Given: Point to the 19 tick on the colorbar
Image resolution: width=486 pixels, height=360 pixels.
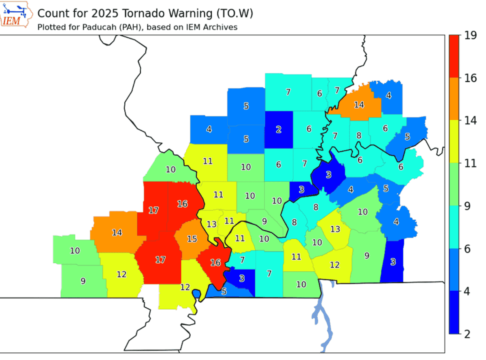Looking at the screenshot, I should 471,35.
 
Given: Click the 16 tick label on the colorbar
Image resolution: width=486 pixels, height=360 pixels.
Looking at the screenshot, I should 471,78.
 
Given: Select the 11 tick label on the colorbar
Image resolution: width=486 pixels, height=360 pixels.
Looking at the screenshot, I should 471,163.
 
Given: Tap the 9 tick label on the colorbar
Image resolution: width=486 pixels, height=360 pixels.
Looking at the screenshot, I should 471,206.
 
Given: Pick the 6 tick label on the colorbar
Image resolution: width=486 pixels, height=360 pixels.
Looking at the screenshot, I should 471,249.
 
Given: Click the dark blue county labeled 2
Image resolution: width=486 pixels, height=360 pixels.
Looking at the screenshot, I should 278,130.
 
